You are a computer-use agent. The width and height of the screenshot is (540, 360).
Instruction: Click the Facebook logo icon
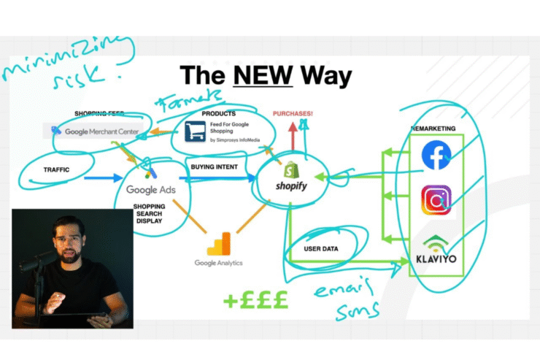[436, 155]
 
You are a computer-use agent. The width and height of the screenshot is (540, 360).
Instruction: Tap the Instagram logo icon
[436, 199]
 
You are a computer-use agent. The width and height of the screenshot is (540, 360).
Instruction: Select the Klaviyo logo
[435, 250]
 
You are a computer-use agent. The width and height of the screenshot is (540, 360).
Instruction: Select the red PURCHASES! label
[293, 113]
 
